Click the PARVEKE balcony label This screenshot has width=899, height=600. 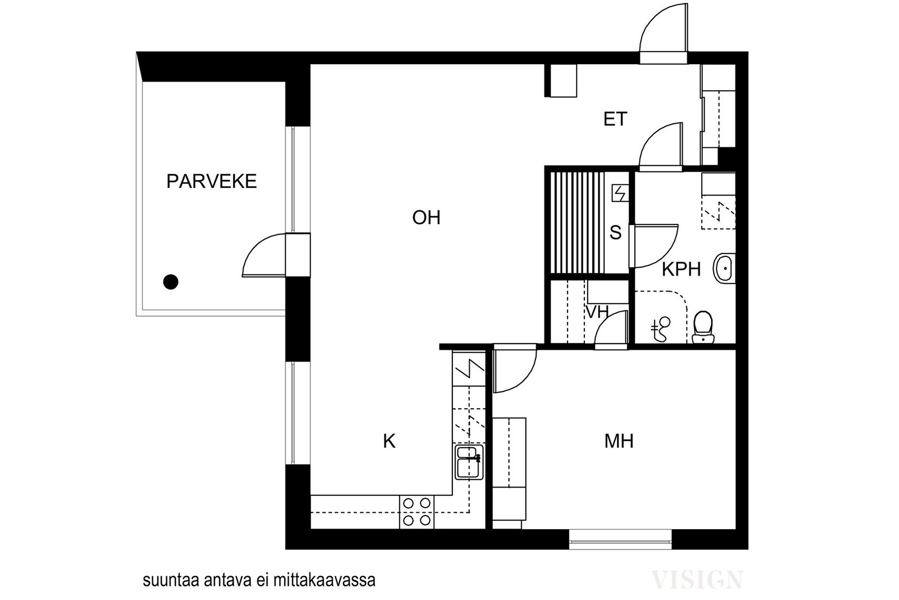211,182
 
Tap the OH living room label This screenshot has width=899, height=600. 426,217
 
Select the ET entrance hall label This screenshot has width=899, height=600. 615,119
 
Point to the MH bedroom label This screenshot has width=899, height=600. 619,441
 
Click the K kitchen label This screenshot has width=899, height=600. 389,441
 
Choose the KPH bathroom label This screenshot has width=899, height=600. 681,269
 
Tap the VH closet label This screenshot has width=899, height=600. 597,312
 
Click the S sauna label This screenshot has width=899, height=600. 616,233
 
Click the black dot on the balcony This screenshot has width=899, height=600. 171,282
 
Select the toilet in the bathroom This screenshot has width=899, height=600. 703,327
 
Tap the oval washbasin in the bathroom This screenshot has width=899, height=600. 724,268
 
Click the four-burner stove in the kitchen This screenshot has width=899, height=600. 417,512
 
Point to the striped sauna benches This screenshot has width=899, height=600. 576,223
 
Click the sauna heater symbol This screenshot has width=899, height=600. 620,193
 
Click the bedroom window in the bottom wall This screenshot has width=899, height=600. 620,539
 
